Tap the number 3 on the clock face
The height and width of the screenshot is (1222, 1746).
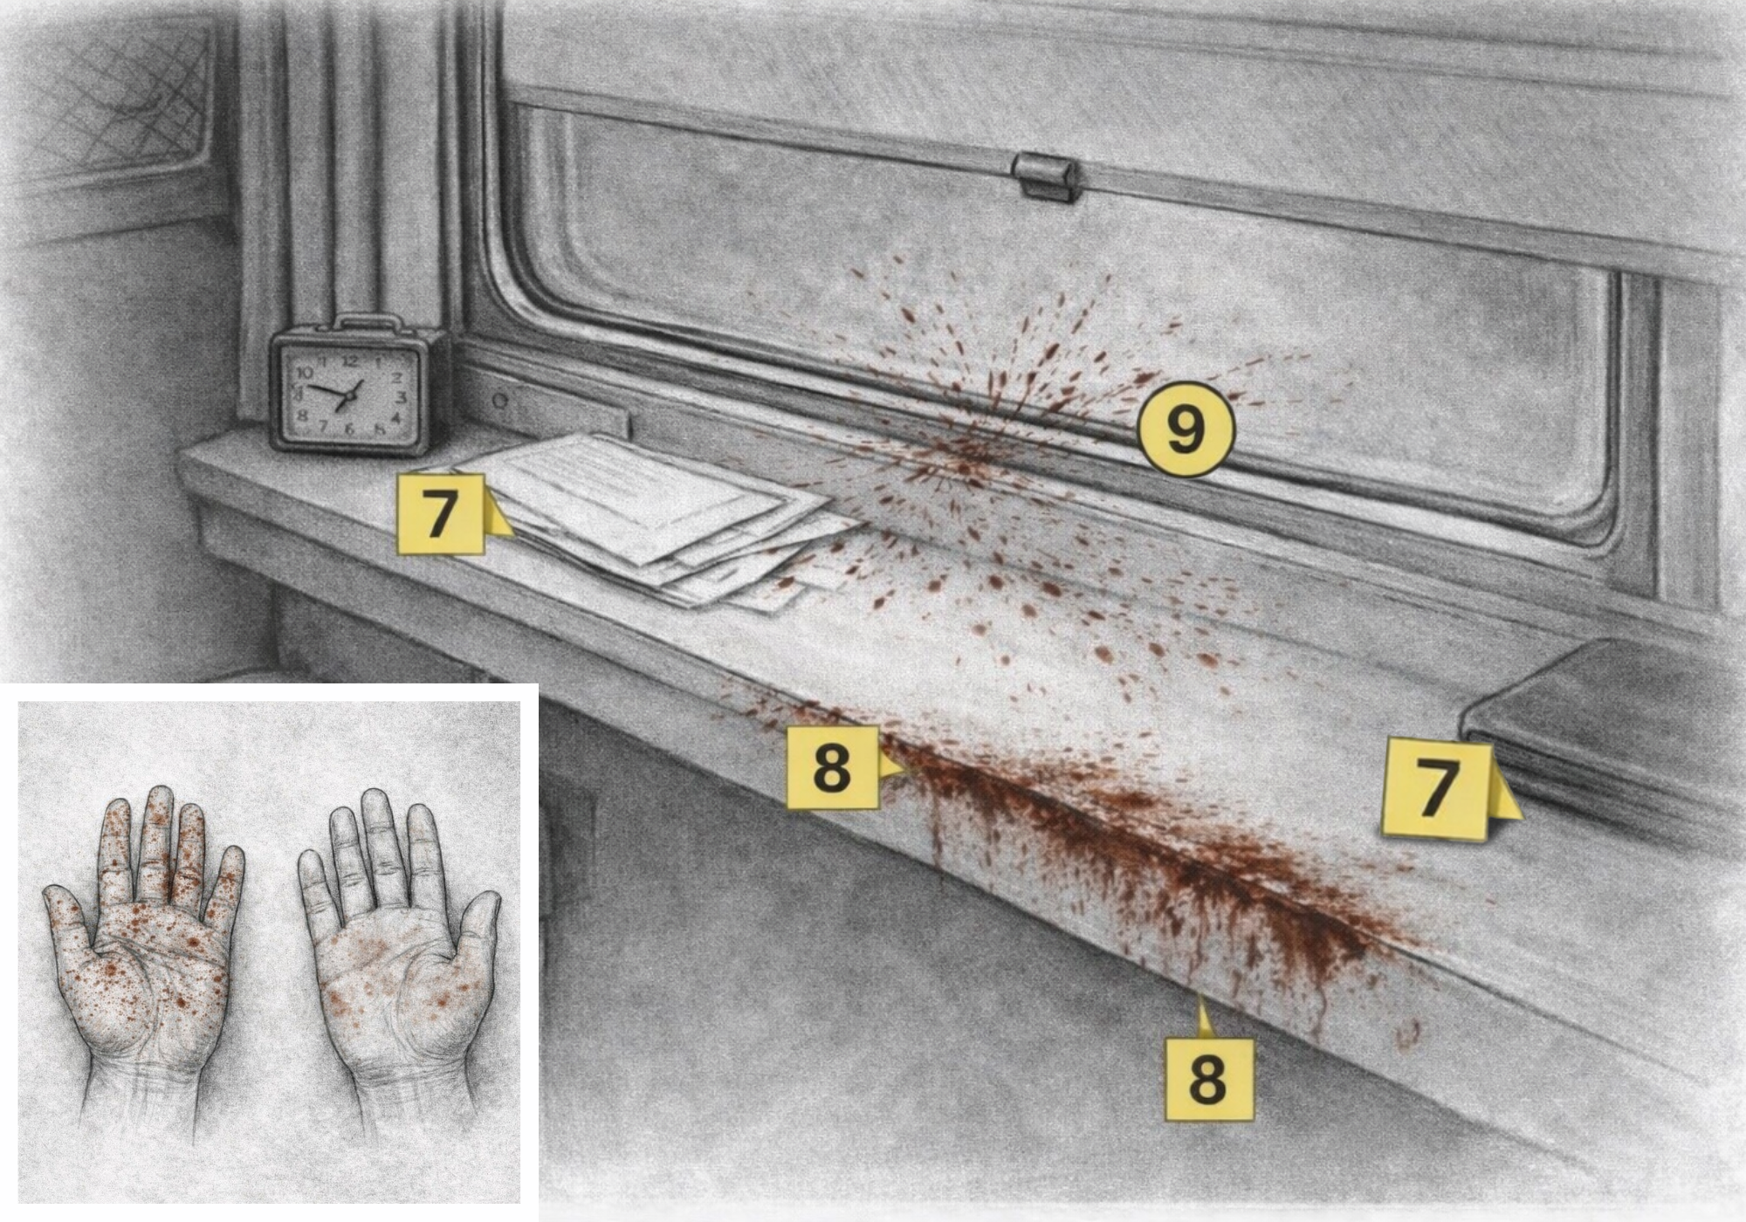pos(401,398)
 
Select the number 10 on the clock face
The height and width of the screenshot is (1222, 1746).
pos(306,373)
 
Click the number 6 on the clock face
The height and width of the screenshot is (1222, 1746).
pos(349,429)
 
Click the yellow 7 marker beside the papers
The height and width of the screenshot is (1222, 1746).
pos(441,514)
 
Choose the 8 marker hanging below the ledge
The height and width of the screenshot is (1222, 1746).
pos(1209,1079)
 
